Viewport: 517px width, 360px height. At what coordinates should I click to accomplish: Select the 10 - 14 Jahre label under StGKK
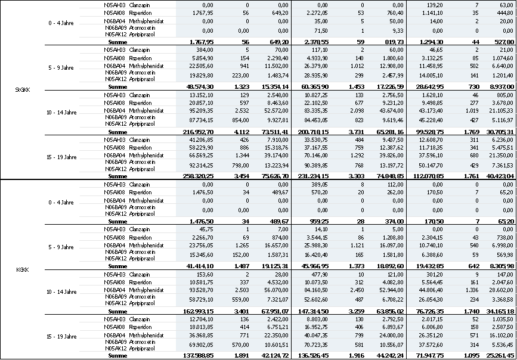[62, 112]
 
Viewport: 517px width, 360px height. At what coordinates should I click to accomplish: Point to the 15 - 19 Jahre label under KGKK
[62, 336]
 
